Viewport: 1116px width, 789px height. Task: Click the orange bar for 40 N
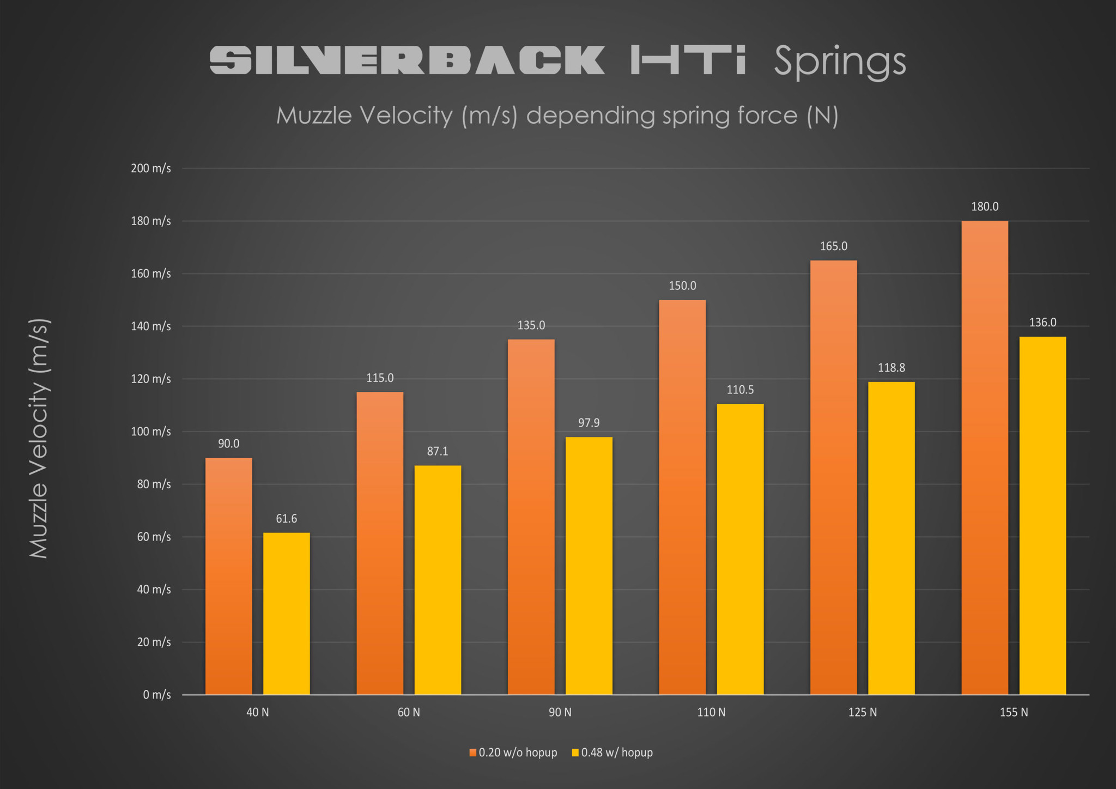point(229,576)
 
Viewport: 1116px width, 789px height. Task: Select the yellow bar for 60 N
point(438,580)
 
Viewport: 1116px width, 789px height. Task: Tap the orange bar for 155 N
point(985,458)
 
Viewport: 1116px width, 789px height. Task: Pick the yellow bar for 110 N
point(740,549)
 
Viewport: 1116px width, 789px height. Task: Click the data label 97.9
point(589,423)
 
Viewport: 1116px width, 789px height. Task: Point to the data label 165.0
point(833,246)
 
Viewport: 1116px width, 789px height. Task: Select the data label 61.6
point(286,519)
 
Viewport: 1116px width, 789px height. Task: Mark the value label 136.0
point(1042,323)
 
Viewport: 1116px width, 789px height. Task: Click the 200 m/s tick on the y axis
point(151,168)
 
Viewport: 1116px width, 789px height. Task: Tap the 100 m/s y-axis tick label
point(151,432)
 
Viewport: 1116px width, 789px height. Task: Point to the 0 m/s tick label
point(157,695)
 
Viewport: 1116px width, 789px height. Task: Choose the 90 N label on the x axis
point(560,712)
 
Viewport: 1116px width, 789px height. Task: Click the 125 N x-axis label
point(863,712)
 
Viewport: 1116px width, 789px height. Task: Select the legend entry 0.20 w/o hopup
point(513,752)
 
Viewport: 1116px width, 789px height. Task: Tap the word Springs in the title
point(840,61)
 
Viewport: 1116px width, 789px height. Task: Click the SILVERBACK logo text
point(407,60)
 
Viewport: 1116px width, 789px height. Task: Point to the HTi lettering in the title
point(688,60)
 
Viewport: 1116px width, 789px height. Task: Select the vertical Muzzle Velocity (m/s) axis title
point(39,438)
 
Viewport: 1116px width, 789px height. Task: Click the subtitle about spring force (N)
point(557,116)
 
